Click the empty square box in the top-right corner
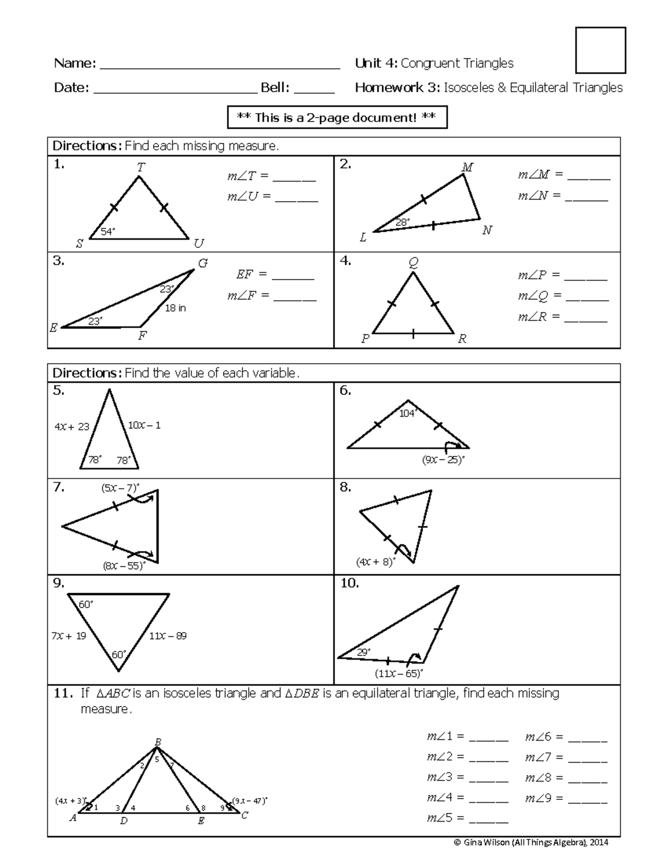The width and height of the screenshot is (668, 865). click(x=600, y=50)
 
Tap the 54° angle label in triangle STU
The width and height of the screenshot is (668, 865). click(x=107, y=232)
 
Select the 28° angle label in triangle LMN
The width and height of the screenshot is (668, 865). click(x=402, y=222)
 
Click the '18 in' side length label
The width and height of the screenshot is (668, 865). click(x=175, y=308)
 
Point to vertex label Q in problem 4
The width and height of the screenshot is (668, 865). click(x=413, y=263)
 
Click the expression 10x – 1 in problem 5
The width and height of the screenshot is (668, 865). click(x=144, y=426)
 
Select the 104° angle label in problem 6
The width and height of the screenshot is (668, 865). click(x=407, y=413)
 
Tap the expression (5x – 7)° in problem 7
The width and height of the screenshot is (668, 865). click(x=120, y=488)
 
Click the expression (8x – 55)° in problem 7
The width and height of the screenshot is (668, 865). click(x=124, y=566)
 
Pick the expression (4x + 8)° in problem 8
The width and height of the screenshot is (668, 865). click(x=375, y=562)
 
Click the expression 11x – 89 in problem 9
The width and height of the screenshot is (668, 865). click(x=168, y=636)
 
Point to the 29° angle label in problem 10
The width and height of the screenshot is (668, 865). click(x=363, y=652)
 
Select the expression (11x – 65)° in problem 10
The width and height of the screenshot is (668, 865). click(x=399, y=673)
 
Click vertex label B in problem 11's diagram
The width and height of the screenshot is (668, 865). click(x=158, y=742)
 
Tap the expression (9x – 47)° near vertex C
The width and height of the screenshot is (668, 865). click(x=249, y=802)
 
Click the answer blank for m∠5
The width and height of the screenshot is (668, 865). click(x=489, y=818)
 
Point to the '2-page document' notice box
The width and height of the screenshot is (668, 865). click(x=337, y=118)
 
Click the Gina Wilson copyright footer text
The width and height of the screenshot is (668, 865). click(x=532, y=843)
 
